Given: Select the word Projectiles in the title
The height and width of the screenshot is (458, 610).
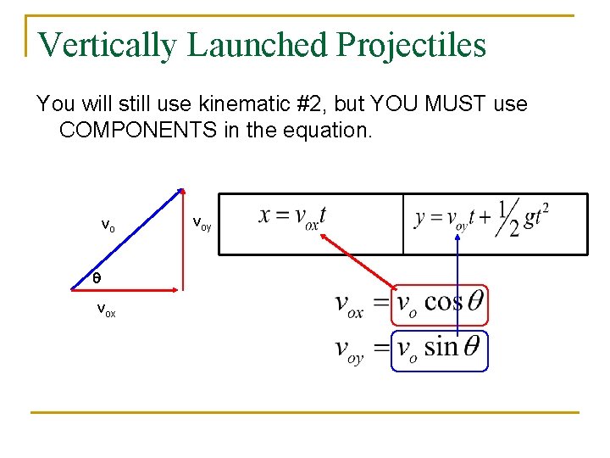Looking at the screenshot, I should (x=412, y=45).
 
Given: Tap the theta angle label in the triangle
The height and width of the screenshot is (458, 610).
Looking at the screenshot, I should (x=97, y=277).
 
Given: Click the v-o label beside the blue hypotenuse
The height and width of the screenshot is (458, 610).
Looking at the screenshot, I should (x=108, y=226).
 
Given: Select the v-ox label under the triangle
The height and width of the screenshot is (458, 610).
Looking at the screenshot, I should (x=106, y=310).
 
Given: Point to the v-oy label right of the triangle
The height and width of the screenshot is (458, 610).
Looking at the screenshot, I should (x=202, y=224).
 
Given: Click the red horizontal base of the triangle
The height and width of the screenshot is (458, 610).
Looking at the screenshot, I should (x=136, y=289).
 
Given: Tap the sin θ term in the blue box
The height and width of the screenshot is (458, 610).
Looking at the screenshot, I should (x=452, y=347).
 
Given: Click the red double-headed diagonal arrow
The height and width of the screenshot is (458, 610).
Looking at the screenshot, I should (x=355, y=260).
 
